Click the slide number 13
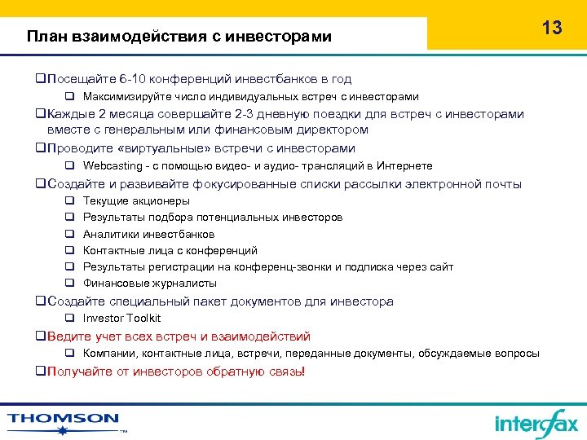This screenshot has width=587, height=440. pos(552,28)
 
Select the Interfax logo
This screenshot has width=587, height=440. pos(536,423)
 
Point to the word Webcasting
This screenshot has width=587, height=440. pos(113,166)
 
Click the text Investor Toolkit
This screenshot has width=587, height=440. pos(121,319)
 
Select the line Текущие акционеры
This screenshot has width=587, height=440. pos(136,200)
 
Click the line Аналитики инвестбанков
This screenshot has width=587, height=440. pos(148,234)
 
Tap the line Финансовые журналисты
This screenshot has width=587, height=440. pos(150,284)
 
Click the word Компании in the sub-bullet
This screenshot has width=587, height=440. pos(110,353)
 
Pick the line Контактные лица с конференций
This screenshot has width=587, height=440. pos(170,250)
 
